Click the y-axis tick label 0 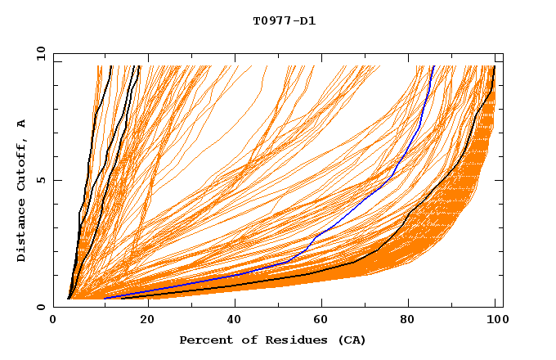pos(41,307)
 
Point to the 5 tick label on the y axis pos(41,180)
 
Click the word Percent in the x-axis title pos(204,340)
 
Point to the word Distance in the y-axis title pos(22,230)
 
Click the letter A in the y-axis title pos(22,124)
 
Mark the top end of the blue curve pos(433,66)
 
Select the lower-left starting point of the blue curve pos(105,298)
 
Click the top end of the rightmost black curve pos(495,66)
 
